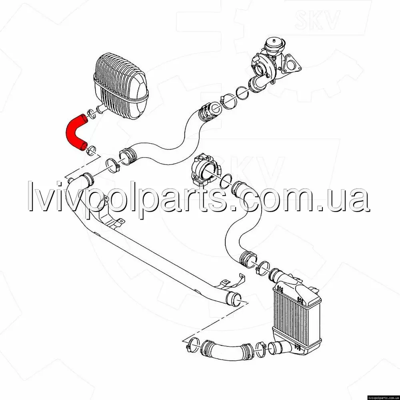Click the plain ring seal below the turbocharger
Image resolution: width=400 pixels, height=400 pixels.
coord(242,93)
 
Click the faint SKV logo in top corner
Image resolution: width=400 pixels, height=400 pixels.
coord(317,19)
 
